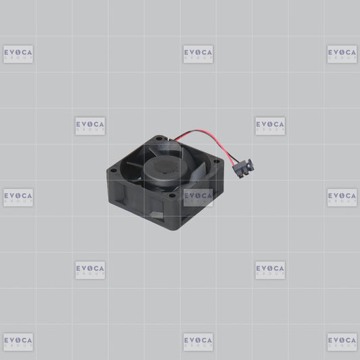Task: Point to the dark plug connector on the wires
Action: [243, 168]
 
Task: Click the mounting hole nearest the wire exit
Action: [159, 138]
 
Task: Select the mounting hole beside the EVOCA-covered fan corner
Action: [172, 196]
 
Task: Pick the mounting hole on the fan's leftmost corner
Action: [113, 171]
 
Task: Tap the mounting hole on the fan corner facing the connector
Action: [217, 161]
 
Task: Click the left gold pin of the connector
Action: [240, 176]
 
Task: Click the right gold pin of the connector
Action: [247, 174]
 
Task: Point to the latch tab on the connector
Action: [251, 164]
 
